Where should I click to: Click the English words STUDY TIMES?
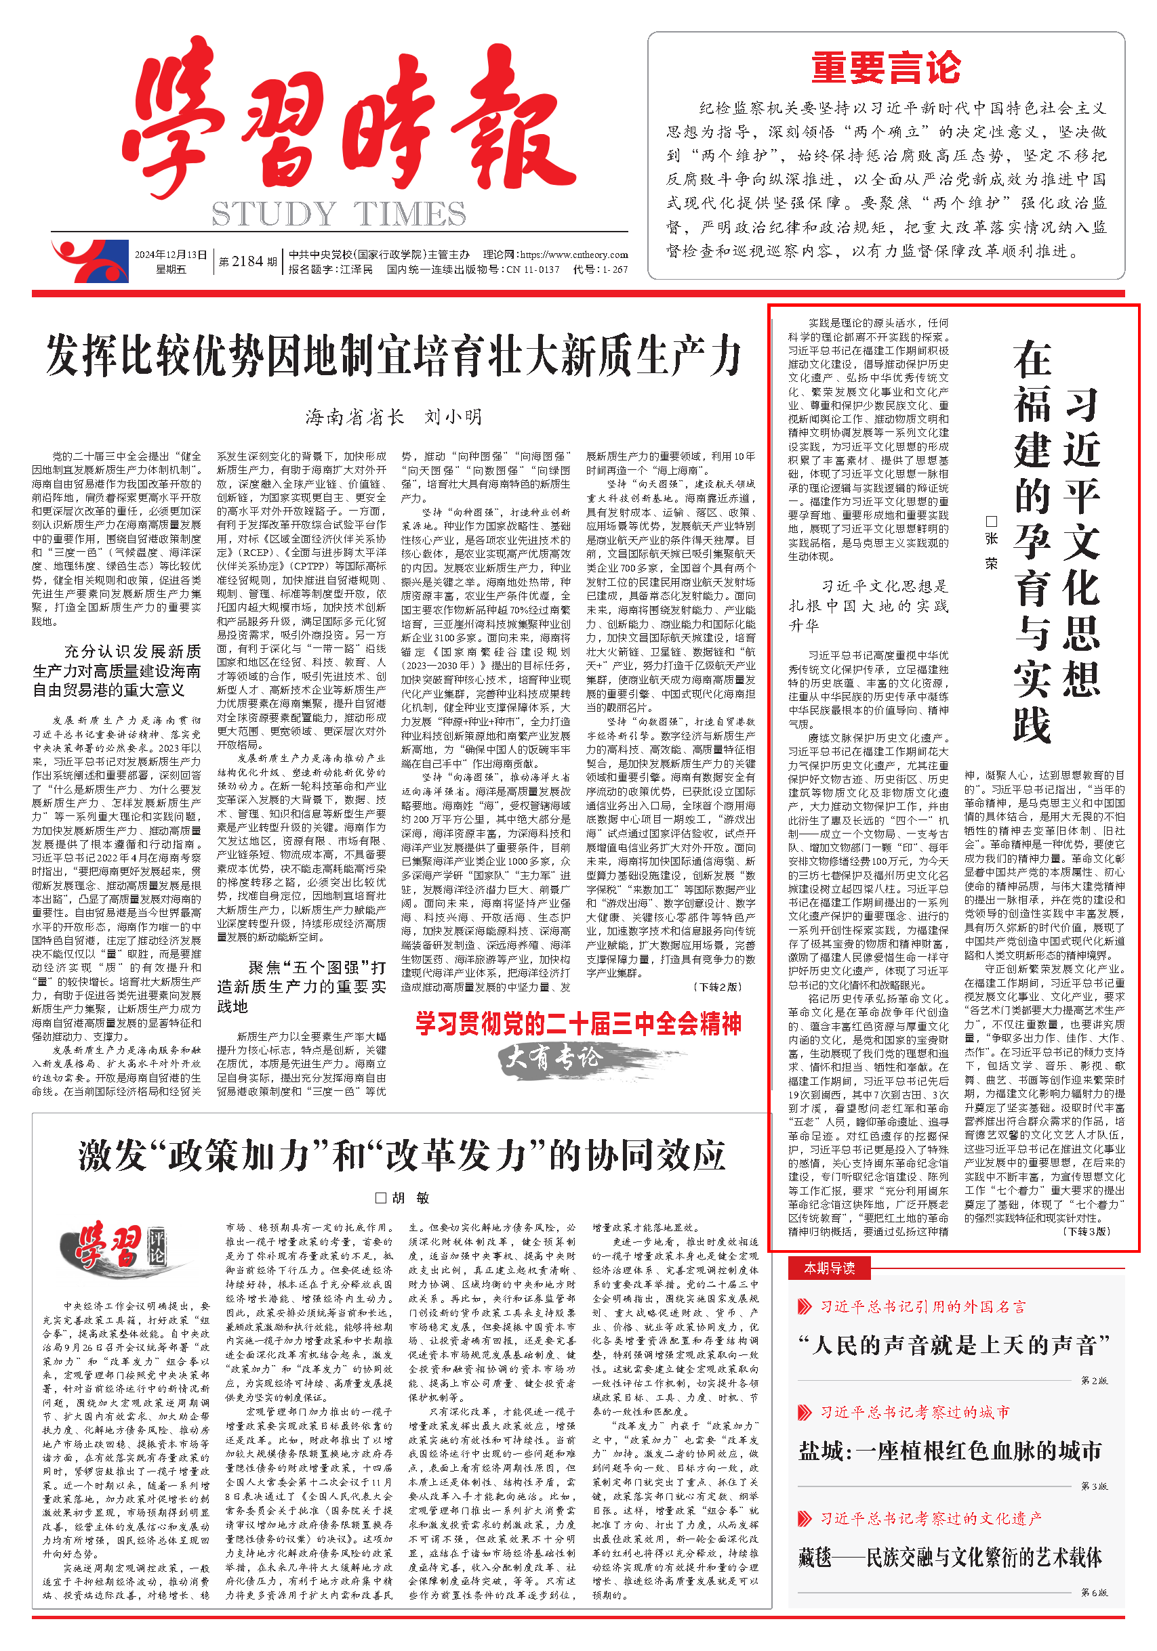point(338,213)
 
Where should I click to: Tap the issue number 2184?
point(247,262)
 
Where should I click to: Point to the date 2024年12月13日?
point(171,255)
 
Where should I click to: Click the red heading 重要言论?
point(886,68)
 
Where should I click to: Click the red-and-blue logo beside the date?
point(90,260)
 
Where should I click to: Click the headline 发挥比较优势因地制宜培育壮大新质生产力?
point(394,356)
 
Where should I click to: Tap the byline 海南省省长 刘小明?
point(394,417)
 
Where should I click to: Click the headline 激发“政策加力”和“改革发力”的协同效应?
point(401,1156)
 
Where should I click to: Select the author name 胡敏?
point(403,1198)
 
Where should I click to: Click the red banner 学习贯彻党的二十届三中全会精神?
point(577,1023)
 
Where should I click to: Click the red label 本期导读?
point(829,1268)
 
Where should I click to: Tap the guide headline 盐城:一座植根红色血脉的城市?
point(950,1451)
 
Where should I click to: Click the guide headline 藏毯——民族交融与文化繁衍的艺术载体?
point(950,1558)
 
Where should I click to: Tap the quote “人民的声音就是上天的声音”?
point(954,1345)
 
